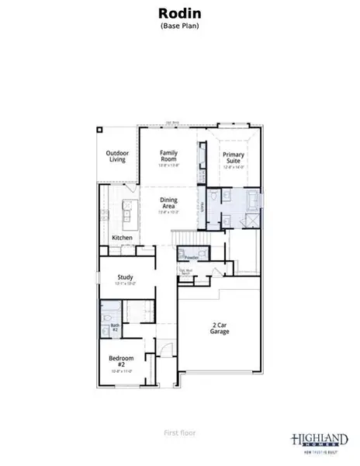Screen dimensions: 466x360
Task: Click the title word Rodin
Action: (x=180, y=13)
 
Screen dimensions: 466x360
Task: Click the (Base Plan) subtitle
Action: (x=180, y=26)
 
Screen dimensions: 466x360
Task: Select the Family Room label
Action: (x=169, y=156)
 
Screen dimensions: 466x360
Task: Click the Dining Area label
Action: (x=169, y=203)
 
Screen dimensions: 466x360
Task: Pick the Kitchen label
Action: (x=122, y=238)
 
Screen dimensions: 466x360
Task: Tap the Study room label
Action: (x=126, y=276)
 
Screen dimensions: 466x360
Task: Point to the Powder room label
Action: (x=191, y=256)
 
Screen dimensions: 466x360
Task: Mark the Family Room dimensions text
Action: (x=169, y=165)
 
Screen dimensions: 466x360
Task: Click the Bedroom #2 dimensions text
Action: (x=126, y=370)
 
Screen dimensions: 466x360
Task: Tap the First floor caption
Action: (x=180, y=433)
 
